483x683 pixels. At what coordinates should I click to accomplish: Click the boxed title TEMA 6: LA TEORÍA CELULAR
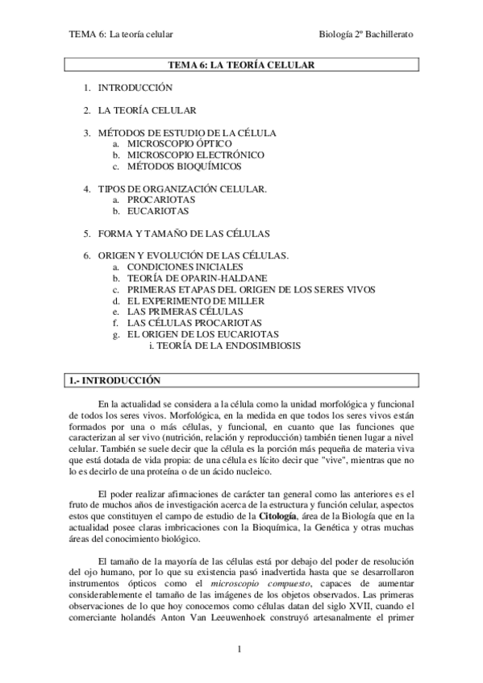pyautogui.click(x=241, y=64)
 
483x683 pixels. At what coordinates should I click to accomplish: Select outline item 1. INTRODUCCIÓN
pyautogui.click(x=135, y=87)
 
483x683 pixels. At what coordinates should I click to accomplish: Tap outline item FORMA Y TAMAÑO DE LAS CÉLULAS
pyautogui.click(x=183, y=234)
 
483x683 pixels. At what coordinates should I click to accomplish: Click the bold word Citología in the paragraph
pyautogui.click(x=281, y=515)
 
